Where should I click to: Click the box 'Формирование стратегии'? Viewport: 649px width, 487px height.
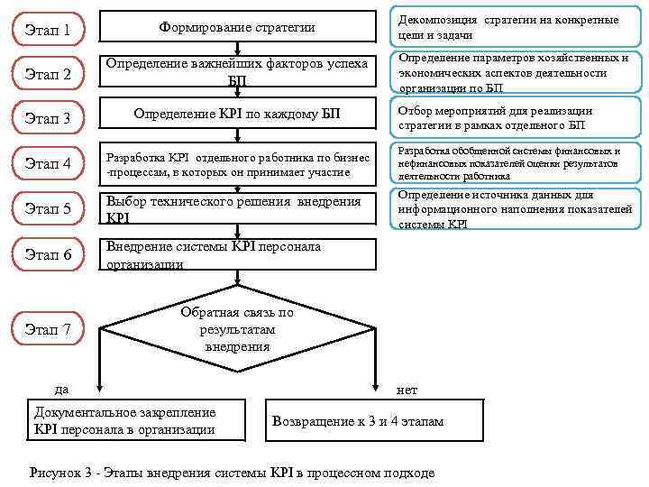237,28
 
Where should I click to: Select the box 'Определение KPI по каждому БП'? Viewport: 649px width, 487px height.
237,115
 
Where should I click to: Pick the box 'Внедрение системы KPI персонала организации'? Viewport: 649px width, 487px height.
237,254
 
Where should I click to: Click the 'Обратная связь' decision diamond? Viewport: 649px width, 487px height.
237,329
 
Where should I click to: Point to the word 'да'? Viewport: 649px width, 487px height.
61,390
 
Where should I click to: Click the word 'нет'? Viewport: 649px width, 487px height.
407,390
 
